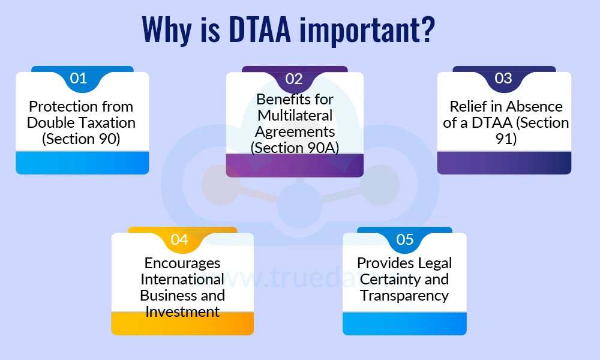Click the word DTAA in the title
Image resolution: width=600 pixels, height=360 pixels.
[260, 29]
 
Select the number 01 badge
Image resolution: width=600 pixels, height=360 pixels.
[79, 79]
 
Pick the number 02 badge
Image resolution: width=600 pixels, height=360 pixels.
[294, 79]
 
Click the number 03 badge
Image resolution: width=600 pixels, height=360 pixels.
[503, 79]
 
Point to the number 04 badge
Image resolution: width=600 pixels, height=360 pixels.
[179, 239]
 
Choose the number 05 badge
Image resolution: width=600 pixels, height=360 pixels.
[405, 239]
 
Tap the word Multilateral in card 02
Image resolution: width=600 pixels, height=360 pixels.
[295, 116]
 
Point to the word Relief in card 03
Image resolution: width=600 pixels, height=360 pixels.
[466, 106]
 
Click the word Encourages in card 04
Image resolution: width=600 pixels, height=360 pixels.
[182, 263]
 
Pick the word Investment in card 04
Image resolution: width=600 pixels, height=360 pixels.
[182, 312]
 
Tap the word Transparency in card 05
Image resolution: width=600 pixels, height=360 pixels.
[404, 296]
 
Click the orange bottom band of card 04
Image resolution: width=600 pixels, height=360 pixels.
[182, 323]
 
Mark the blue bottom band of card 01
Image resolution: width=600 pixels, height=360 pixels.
[82, 163]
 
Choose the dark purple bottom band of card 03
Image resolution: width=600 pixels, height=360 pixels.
[504, 163]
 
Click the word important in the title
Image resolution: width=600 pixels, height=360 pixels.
[359, 31]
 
